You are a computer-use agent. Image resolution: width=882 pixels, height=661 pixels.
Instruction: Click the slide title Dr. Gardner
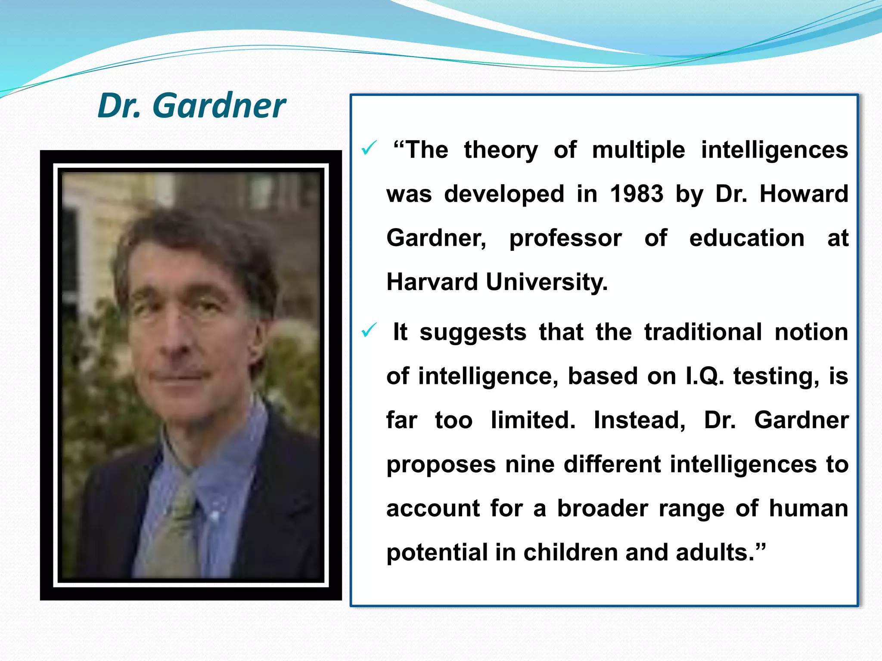192,105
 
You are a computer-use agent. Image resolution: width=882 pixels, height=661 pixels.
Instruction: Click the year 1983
637,194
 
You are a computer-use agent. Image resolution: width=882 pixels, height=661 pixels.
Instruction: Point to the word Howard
804,194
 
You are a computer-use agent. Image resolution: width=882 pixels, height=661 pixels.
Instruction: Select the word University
547,282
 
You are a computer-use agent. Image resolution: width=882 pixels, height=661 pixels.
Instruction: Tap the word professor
565,238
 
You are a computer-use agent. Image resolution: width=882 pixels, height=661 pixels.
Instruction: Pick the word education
747,238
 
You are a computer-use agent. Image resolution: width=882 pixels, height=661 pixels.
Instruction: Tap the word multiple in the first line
638,150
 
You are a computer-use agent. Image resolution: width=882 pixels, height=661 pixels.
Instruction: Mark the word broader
602,508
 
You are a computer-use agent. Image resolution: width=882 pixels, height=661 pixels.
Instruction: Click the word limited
533,420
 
